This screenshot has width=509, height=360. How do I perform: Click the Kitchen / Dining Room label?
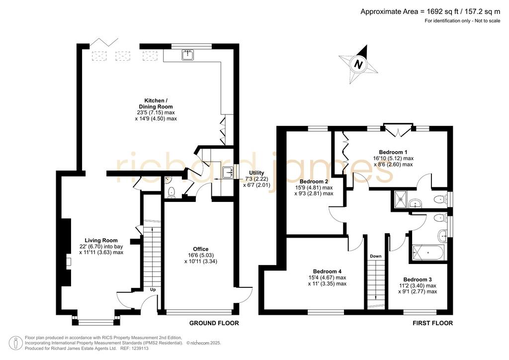(x=156, y=103)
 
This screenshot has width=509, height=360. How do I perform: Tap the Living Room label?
(x=101, y=241)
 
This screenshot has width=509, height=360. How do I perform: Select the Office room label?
(x=201, y=249)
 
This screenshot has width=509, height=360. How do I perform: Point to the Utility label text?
(x=256, y=173)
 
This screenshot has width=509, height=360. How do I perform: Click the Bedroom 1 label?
(x=393, y=152)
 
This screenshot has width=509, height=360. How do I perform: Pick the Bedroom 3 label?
(x=418, y=279)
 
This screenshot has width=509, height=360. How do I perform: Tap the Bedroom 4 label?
(x=327, y=271)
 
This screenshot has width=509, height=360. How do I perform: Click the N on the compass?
(x=358, y=64)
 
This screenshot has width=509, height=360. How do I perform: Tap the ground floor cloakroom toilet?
(x=171, y=192)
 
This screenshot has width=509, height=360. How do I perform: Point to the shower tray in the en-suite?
(x=401, y=199)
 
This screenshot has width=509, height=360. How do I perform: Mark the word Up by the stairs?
(x=153, y=289)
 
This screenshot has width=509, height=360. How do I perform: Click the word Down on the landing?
(x=376, y=256)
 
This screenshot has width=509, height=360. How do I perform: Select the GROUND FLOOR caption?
(x=214, y=323)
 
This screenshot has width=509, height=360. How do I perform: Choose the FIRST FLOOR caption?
(x=432, y=323)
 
